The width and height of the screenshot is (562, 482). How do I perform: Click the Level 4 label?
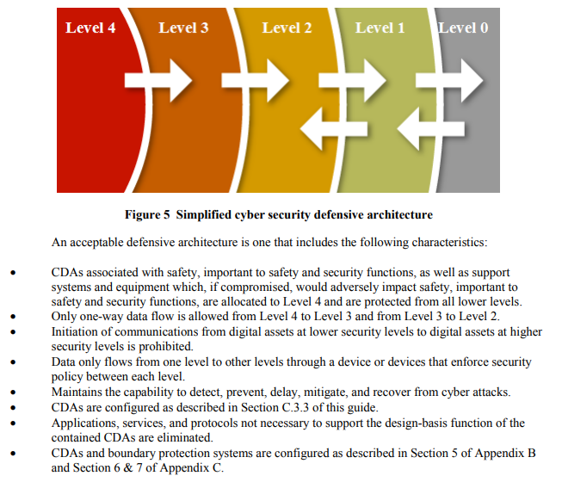point(90,28)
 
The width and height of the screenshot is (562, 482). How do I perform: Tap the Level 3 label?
point(183,28)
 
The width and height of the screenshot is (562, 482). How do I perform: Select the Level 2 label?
point(287,28)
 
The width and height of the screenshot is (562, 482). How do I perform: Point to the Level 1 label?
point(380,28)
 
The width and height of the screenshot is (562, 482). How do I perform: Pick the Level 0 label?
point(463,28)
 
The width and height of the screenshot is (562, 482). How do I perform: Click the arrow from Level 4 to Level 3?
point(158,81)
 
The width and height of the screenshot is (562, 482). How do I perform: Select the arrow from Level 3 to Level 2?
point(256,81)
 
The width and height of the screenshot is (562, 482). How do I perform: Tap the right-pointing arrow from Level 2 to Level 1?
point(353,81)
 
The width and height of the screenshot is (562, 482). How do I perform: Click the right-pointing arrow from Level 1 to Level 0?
point(449,81)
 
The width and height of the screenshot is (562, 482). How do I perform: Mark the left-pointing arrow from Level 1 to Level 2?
point(334,129)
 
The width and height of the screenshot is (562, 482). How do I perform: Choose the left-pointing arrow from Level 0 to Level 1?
point(431,129)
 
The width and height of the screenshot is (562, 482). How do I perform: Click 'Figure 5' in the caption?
point(147,214)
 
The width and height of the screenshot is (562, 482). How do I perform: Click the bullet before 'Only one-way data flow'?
point(13,317)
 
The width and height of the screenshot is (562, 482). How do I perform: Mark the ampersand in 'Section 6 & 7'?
point(128,468)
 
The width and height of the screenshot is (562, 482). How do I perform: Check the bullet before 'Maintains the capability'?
point(13,392)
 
